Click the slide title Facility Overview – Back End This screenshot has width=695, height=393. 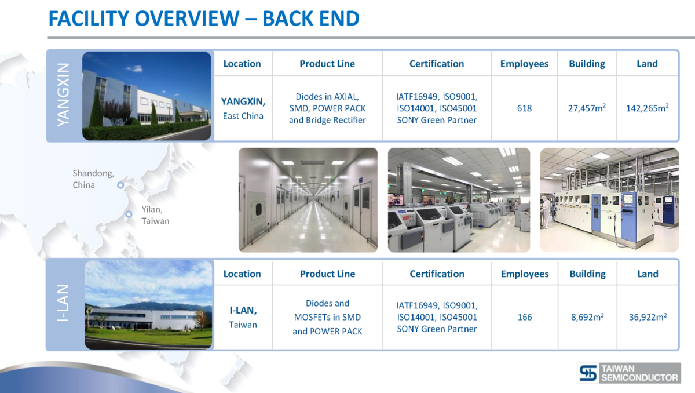pos(204,19)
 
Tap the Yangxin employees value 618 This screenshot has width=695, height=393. pos(524,108)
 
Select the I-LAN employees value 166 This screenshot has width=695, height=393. pos(525,317)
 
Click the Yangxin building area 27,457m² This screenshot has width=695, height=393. pos(587,108)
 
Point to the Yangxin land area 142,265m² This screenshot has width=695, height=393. pos(648,108)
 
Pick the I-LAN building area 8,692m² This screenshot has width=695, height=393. pos(587,316)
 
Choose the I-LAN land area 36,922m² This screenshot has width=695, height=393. pos(648,316)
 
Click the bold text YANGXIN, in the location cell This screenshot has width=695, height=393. pos(243,101)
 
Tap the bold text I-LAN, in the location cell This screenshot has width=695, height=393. pos(243,310)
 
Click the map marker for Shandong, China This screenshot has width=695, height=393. pos(120,185)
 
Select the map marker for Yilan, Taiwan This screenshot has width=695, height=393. pos(129,214)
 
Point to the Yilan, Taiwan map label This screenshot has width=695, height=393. pos(155,215)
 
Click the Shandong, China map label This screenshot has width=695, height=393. pos(93,179)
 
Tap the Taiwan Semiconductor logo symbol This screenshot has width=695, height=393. pos(588,373)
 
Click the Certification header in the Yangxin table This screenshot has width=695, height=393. pos(437,64)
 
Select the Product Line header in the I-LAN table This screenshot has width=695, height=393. pos(327,274)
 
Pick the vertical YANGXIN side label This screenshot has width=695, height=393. pos(63,94)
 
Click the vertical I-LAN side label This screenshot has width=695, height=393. pos(63,303)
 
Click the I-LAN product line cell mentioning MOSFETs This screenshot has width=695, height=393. pos(327,317)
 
